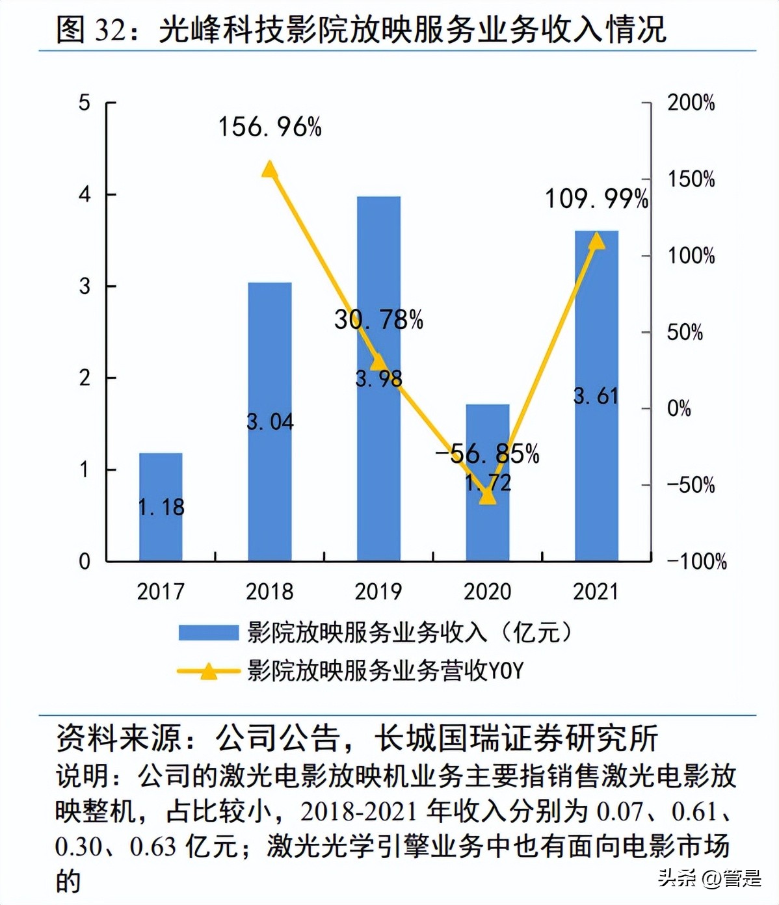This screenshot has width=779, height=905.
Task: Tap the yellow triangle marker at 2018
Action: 270,170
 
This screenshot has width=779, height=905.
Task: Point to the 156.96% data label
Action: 270,127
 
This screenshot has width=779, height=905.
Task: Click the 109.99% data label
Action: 596,199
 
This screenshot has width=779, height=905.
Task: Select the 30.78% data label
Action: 378,319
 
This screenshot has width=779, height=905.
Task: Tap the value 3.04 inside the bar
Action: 270,422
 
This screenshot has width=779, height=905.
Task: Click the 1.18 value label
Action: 161,507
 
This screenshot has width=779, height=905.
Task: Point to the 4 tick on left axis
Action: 85,194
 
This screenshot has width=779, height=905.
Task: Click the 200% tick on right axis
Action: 691,102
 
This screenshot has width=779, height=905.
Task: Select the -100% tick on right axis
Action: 696,561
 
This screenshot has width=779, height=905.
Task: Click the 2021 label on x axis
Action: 596,592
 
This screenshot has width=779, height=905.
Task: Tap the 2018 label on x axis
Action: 270,592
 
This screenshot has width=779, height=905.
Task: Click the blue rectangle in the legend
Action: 208,633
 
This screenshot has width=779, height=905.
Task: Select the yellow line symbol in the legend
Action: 208,671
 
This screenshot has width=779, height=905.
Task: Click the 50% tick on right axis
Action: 685,332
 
